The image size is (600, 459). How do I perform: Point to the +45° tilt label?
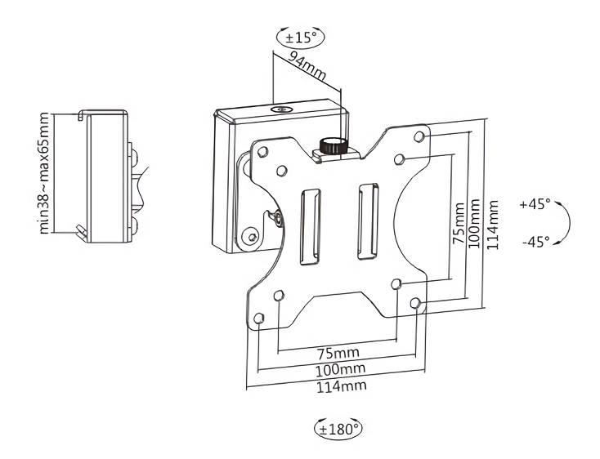[x=535, y=203]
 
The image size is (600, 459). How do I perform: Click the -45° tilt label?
[x=535, y=242]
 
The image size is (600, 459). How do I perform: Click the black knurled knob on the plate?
[x=331, y=146]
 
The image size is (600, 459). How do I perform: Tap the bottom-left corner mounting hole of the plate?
[x=259, y=318]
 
